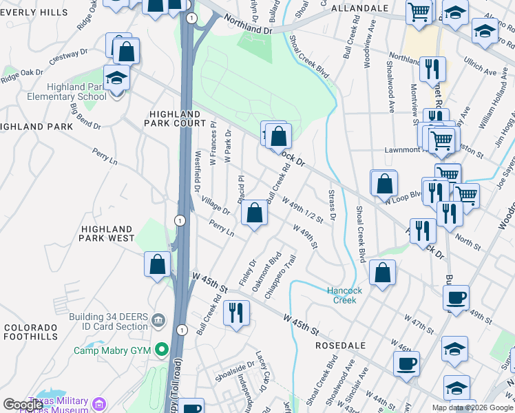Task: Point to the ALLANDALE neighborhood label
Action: coord(359,8)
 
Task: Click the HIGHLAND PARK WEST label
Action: coord(107,233)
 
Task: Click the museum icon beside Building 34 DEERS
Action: coord(159,320)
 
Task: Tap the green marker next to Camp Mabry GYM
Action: coord(163,350)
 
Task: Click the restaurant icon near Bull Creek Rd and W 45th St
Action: coord(236,313)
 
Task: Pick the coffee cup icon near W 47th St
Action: coord(456,298)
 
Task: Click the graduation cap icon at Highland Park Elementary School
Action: coord(116,78)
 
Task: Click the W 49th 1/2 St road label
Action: coord(304,209)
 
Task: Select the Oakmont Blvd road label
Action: coord(267,274)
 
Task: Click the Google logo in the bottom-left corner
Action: coord(23,404)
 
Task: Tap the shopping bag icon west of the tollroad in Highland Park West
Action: coord(157,264)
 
